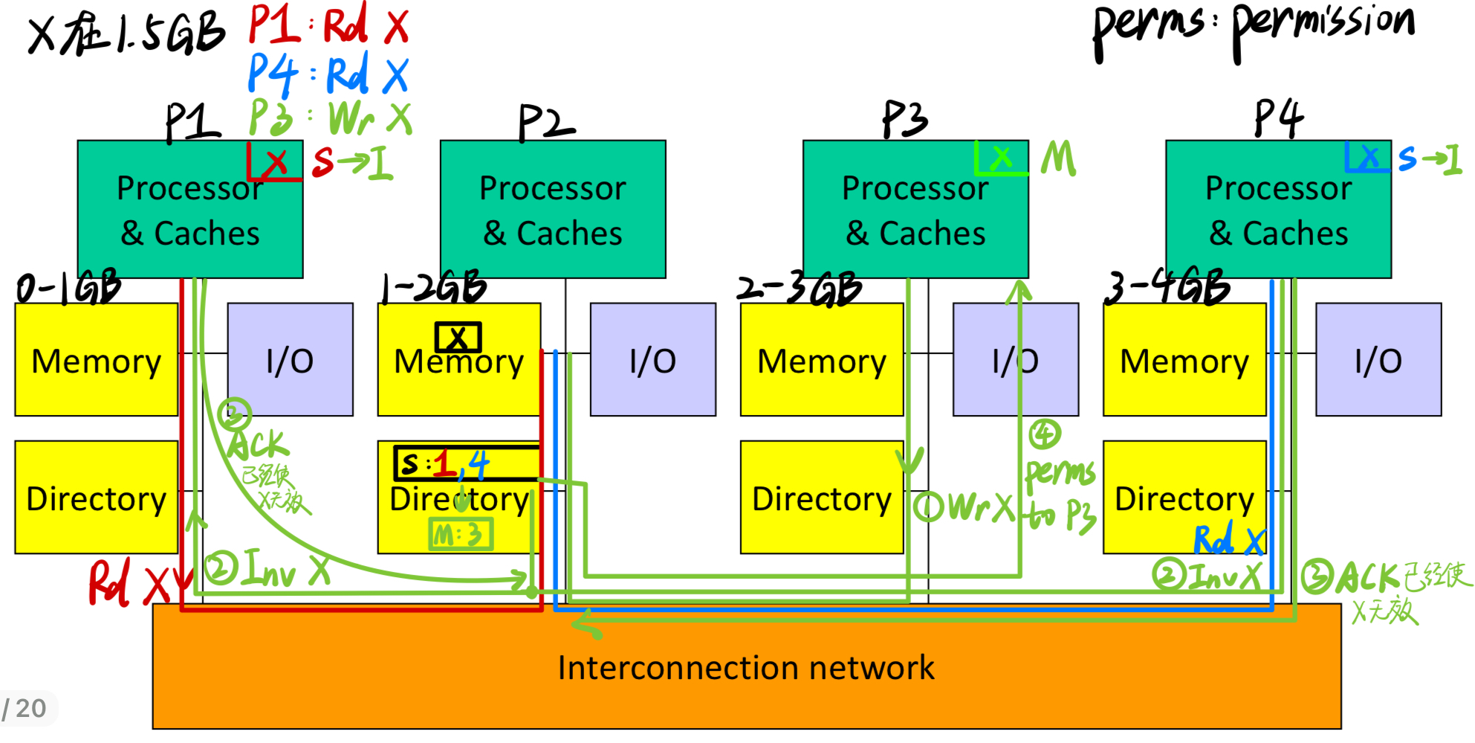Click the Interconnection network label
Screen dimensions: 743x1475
point(745,667)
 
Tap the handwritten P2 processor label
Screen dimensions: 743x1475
point(545,122)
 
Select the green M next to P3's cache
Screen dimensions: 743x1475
point(1058,158)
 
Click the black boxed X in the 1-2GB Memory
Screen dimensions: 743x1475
point(458,338)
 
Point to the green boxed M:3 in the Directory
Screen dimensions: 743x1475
point(461,534)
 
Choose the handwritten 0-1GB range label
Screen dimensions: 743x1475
point(68,287)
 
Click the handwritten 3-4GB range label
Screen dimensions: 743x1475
point(1166,287)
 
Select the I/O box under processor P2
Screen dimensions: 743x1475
point(652,359)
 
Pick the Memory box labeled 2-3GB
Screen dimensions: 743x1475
point(821,359)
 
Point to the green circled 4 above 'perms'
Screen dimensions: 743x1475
point(1044,434)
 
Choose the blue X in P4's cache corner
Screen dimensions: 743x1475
point(1369,157)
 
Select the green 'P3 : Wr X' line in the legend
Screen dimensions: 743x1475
point(329,118)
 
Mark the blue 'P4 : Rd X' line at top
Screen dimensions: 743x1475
point(328,74)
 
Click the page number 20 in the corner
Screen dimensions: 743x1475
point(30,709)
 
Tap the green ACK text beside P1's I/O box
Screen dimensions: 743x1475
point(257,446)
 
